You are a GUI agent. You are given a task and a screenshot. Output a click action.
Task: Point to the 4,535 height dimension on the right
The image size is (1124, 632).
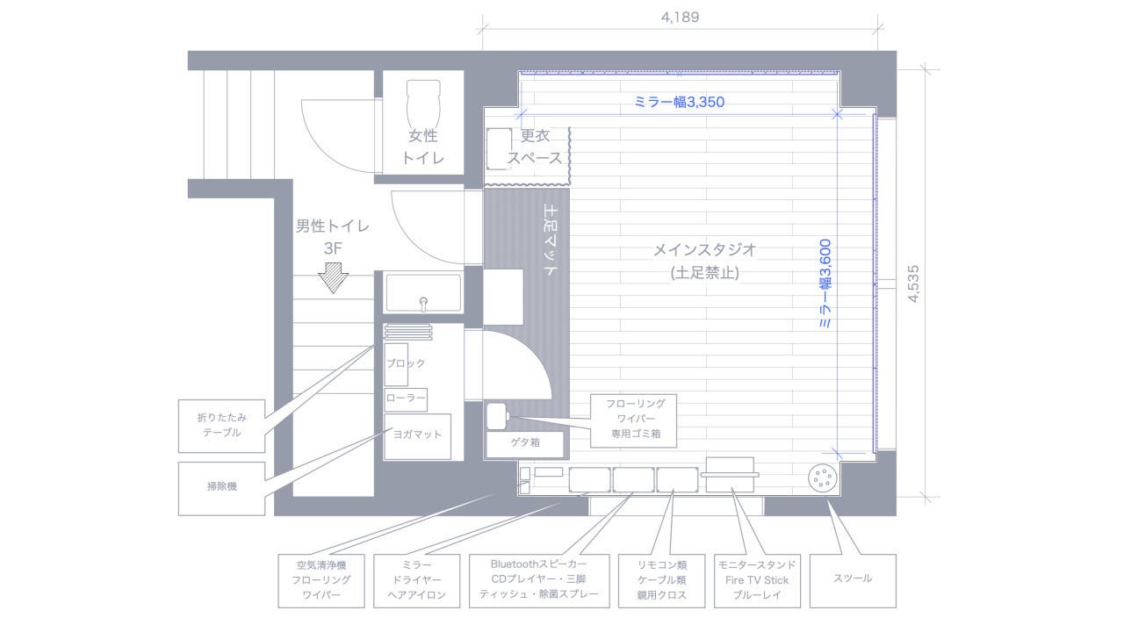point(914,284)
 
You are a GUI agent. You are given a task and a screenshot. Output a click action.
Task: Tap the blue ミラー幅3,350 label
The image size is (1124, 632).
point(679,102)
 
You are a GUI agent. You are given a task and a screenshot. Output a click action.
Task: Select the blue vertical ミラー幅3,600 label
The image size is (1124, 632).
point(825,284)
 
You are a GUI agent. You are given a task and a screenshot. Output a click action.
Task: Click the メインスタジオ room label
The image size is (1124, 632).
point(704,261)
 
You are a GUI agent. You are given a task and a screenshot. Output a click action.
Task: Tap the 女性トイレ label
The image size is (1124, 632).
point(422,147)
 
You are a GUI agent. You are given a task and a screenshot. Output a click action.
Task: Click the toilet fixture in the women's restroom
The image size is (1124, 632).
point(424,102)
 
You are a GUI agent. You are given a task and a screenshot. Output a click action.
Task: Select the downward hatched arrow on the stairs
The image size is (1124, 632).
point(334,278)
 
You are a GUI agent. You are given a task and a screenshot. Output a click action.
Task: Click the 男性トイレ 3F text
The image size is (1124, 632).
point(332,236)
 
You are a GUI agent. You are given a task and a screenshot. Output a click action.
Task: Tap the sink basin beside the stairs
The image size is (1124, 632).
point(423,293)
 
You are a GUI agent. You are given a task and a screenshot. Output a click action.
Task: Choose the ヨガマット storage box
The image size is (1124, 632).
point(417,435)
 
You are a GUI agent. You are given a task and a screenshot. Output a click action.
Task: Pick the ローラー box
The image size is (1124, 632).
point(406,399)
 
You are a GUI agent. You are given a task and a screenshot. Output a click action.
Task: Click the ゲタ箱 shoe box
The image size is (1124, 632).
point(525,443)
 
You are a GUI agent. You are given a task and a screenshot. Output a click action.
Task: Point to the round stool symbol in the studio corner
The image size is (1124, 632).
point(823,478)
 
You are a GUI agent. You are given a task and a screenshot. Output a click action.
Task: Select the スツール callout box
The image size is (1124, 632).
point(852,579)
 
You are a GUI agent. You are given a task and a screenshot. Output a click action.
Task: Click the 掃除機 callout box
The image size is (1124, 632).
point(221,487)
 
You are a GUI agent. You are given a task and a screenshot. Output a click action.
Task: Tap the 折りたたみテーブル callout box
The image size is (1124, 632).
point(221,426)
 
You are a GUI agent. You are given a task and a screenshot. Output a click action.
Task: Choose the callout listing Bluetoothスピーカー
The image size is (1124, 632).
point(538,579)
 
